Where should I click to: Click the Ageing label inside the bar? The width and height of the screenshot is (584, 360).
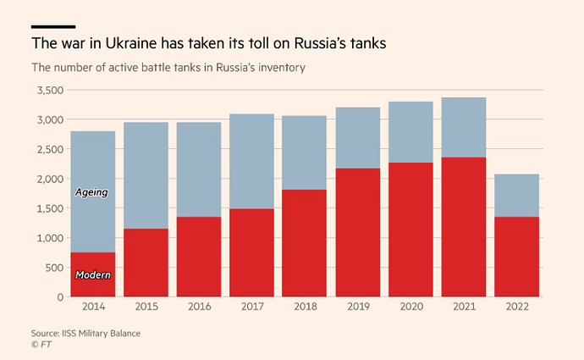coord(91,193)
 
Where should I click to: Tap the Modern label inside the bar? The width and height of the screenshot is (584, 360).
coord(92,275)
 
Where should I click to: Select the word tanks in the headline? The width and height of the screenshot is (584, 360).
coord(366,43)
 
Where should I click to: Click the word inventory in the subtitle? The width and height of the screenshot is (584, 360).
coord(276,68)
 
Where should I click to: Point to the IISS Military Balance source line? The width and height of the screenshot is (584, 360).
coord(85,333)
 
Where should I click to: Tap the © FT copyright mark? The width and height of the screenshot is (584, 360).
coord(40,345)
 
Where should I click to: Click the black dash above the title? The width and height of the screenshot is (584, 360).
coord(52,26)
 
